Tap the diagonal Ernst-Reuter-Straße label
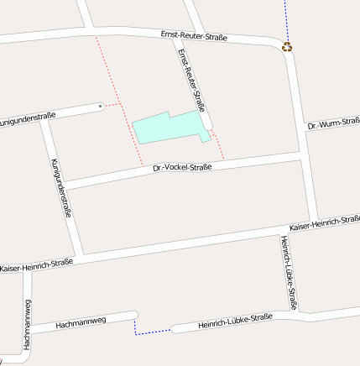pyautogui.click(x=191, y=80)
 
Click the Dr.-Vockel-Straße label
pyautogui.click(x=182, y=168)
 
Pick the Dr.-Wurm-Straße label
pyautogui.click(x=333, y=125)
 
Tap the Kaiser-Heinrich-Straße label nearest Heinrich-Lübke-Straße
pyautogui.click(x=324, y=223)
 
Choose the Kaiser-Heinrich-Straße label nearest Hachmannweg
pyautogui.click(x=36, y=265)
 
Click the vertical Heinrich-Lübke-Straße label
pyautogui.click(x=289, y=272)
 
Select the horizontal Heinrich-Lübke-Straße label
pyautogui.click(x=236, y=320)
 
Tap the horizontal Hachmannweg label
pyautogui.click(x=81, y=322)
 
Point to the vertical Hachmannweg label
pyautogui.click(x=27, y=324)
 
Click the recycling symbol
pyautogui.click(x=288, y=47)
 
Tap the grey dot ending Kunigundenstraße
pyautogui.click(x=101, y=107)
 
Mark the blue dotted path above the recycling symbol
pyautogui.click(x=285, y=18)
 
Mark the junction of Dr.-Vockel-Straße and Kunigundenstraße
pyautogui.click(x=63, y=185)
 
